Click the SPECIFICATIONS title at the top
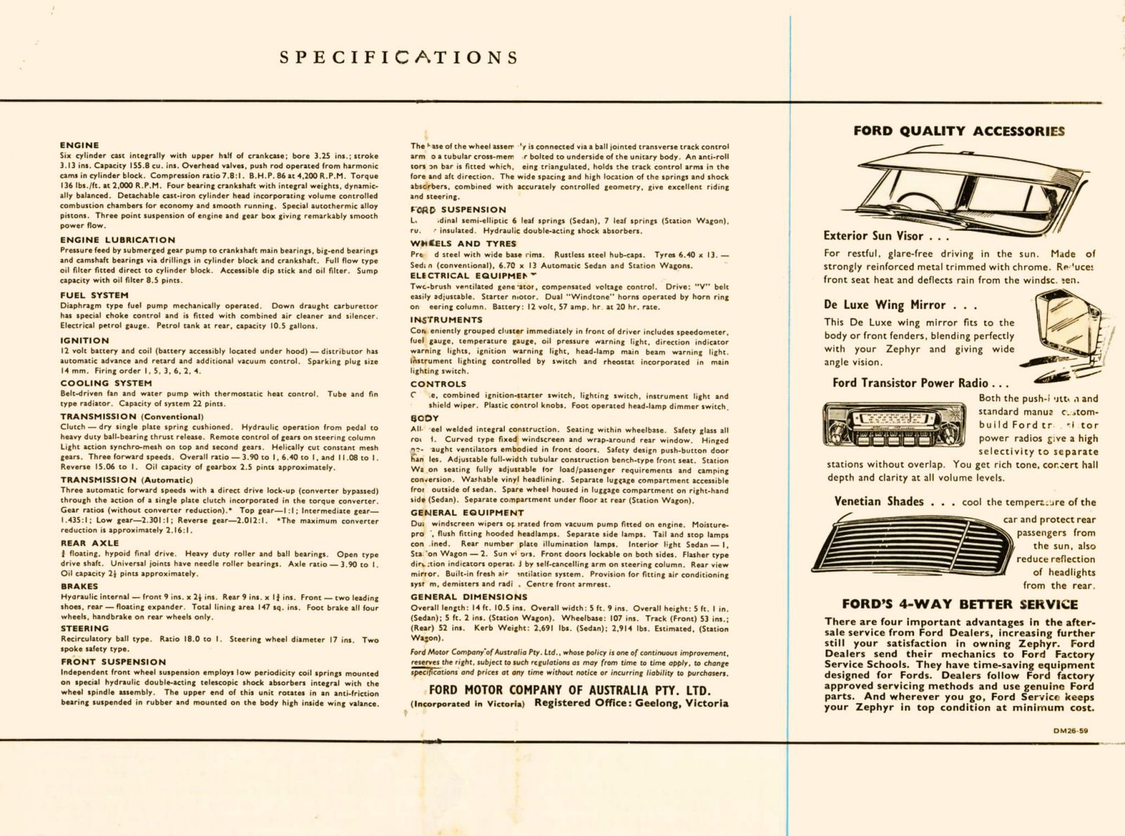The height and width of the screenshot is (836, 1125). pos(399,57)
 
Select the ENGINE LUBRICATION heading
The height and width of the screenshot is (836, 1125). pos(117,240)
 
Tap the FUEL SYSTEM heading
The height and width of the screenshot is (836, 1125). pos(94,295)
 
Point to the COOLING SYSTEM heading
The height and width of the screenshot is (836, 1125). pos(105,384)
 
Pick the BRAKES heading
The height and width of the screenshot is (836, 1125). pos(79,586)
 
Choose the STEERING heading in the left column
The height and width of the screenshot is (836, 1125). pos(84,628)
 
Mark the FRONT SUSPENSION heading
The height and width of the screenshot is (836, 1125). pos(113,662)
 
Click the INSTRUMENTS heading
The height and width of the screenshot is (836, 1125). pos(446,320)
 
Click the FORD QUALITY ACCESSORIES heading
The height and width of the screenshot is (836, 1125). pos(958,131)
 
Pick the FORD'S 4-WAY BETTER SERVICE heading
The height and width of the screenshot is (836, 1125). pos(959,604)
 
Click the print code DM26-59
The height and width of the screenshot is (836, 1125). pos(1070,730)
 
